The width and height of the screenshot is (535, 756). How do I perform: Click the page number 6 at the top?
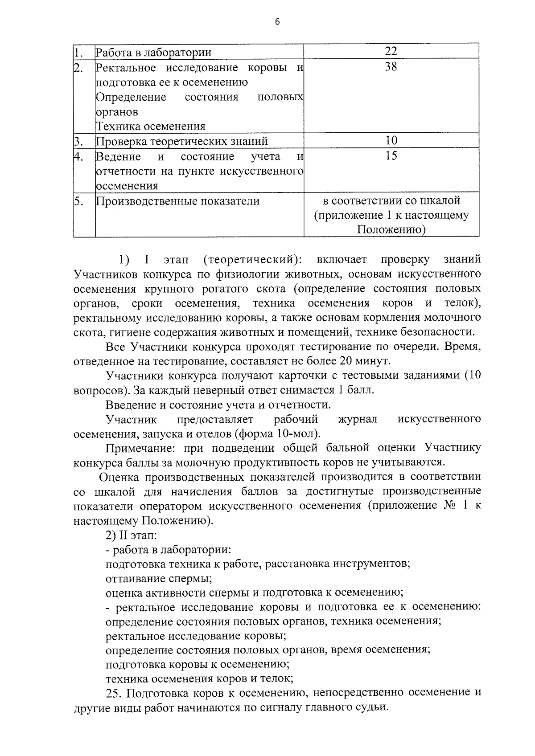pos(277,22)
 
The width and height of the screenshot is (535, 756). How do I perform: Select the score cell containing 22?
pos(391,51)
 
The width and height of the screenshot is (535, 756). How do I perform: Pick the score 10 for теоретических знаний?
pos(391,140)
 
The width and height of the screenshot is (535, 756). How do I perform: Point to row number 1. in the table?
pos(79,53)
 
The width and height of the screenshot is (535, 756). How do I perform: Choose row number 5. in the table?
pos(79,201)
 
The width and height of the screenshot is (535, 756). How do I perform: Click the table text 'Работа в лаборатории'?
pos(154,53)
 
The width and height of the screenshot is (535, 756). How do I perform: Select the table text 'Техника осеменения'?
pos(151,127)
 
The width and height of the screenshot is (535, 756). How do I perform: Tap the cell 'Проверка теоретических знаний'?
pos(182,142)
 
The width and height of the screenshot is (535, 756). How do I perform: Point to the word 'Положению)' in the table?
pos(391,230)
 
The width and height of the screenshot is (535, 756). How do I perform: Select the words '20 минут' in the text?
pos(365,361)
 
